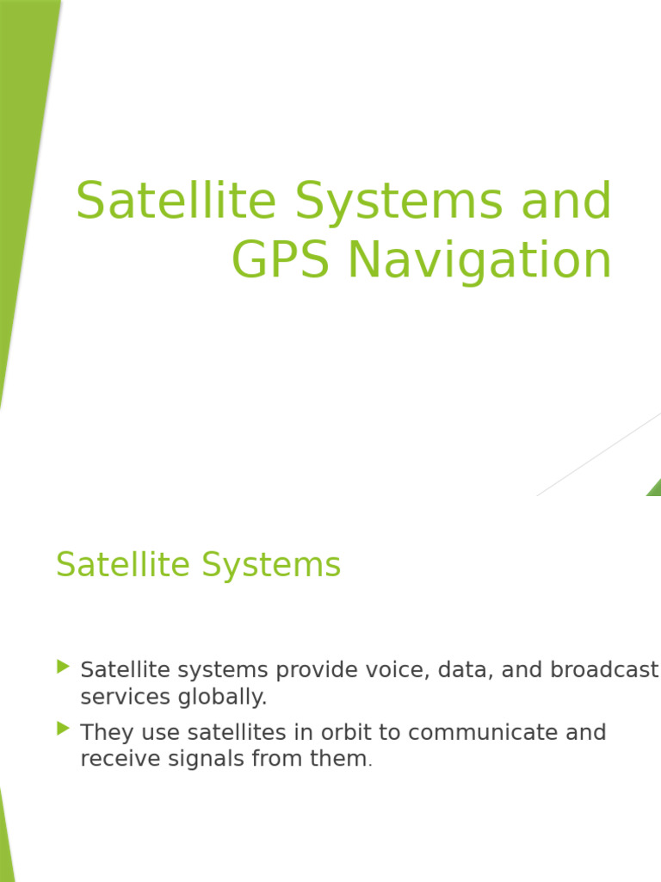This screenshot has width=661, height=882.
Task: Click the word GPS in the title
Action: [x=281, y=261]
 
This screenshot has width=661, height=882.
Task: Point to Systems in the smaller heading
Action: [x=271, y=565]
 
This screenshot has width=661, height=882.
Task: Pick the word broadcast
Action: [x=603, y=670]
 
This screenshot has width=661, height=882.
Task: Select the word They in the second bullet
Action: [x=106, y=733]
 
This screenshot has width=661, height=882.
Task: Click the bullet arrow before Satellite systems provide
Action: [x=62, y=666]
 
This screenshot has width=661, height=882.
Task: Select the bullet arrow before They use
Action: [x=62, y=729]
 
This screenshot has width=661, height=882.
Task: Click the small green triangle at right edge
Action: [x=655, y=488]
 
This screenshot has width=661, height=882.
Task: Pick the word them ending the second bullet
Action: [x=340, y=759]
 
